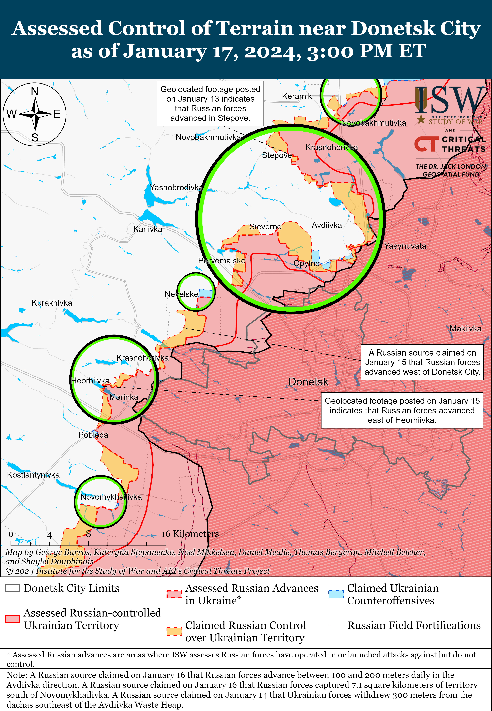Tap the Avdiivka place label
click(x=327, y=225)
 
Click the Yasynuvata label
click(x=405, y=246)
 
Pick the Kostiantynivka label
click(x=33, y=475)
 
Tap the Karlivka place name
click(x=148, y=229)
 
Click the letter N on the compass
click(x=35, y=92)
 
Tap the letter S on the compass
click(x=35, y=138)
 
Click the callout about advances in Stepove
click(x=210, y=104)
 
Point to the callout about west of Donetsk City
click(x=422, y=362)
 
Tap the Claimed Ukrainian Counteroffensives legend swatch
click(x=336, y=594)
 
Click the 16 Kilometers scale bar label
click(x=190, y=534)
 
